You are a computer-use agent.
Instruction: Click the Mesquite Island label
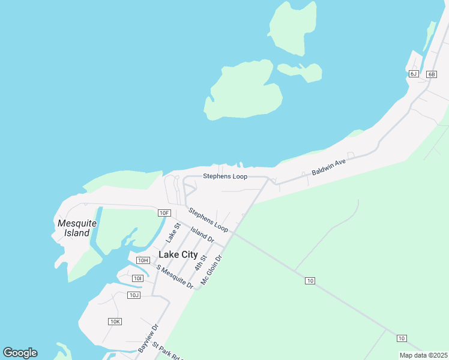[x=77, y=228]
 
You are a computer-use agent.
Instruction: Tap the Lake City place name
[x=178, y=254]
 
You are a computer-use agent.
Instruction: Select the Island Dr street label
[x=202, y=234]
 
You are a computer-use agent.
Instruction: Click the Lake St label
[x=173, y=233]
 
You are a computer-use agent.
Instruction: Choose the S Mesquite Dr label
[x=175, y=277]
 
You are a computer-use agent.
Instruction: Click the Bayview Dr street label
[x=148, y=338]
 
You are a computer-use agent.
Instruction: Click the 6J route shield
[x=414, y=74]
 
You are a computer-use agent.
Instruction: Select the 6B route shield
[x=432, y=74]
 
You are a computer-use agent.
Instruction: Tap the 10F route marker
[x=164, y=212]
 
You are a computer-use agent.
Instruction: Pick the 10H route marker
[x=143, y=260]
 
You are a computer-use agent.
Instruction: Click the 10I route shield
[x=138, y=278]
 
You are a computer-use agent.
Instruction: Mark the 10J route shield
[x=134, y=295]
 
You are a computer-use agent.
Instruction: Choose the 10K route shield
[x=115, y=322]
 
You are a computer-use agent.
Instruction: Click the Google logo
[x=20, y=353]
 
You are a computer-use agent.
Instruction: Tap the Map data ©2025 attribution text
[x=423, y=355]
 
